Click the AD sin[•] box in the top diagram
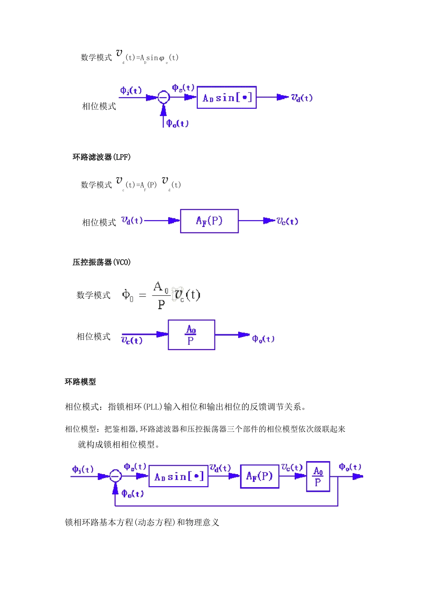[x=227, y=98]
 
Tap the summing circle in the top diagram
[x=163, y=97]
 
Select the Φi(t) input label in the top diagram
[x=131, y=90]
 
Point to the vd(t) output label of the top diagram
[x=302, y=98]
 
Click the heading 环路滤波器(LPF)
[x=102, y=157]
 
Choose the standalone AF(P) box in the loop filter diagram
[x=209, y=221]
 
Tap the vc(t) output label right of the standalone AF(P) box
[x=287, y=221]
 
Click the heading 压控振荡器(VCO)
[x=102, y=262]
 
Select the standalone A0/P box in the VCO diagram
[x=191, y=335]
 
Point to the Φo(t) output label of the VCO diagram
[x=263, y=339]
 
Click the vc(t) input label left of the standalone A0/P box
[x=132, y=340]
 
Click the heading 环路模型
[x=80, y=382]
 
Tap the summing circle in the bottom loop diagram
[x=116, y=476]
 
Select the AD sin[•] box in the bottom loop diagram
[x=178, y=476]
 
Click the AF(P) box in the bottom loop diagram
[x=259, y=476]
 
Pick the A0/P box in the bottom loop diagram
[x=318, y=477]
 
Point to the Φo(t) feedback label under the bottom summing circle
[x=133, y=493]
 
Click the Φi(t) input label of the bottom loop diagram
[x=83, y=469]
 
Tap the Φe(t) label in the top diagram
[x=183, y=88]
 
